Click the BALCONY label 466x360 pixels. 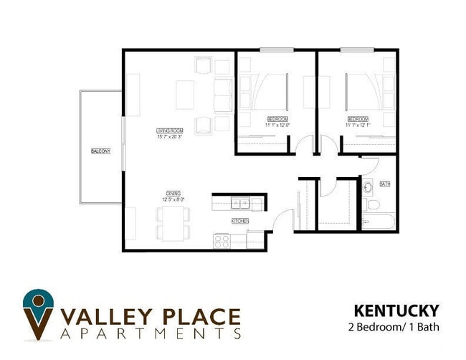click(100, 151)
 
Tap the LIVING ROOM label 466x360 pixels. click(171, 131)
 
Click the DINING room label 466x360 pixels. click(173, 194)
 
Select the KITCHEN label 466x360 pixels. click(239, 221)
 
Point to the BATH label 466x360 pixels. click(385, 184)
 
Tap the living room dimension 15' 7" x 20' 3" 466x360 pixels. click(171, 136)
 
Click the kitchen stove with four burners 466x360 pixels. click(222, 242)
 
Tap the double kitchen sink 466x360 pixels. click(239, 202)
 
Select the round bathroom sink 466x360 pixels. click(367, 188)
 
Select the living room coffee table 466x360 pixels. click(185, 95)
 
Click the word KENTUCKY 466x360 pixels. click(396, 311)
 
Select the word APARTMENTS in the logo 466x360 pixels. click(151, 334)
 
